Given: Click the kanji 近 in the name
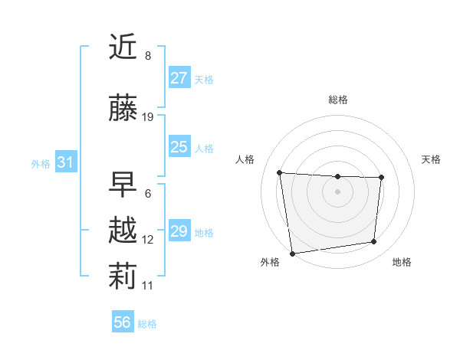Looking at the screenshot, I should pos(123,47).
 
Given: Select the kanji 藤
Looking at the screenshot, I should pos(123,110).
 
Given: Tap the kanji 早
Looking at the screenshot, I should pos(123,184).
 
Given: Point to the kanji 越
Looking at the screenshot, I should pos(123,231).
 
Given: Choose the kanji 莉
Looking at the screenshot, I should pos(123,277).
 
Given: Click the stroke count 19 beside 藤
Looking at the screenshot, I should pos(148,117).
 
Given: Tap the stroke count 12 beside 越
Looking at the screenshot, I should pos(148,240).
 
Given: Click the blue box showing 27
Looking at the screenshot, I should pos(179,78).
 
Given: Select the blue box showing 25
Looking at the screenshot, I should pos(179,147).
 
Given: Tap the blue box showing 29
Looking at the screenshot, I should pos(179,231).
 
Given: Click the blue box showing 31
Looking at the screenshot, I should pos(65,162).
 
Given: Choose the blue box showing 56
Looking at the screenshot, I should pos(123,322).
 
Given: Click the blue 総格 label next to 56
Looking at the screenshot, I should pos(147,324).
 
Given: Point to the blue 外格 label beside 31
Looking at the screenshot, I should pos(41,163).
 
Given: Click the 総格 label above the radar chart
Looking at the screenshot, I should pos(337,100).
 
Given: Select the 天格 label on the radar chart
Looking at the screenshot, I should pos(431,159).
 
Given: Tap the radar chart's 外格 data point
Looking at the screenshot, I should pos(292,253).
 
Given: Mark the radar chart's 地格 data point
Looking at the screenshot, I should pos(374,242).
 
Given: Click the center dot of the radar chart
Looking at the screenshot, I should pos(337,191).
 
